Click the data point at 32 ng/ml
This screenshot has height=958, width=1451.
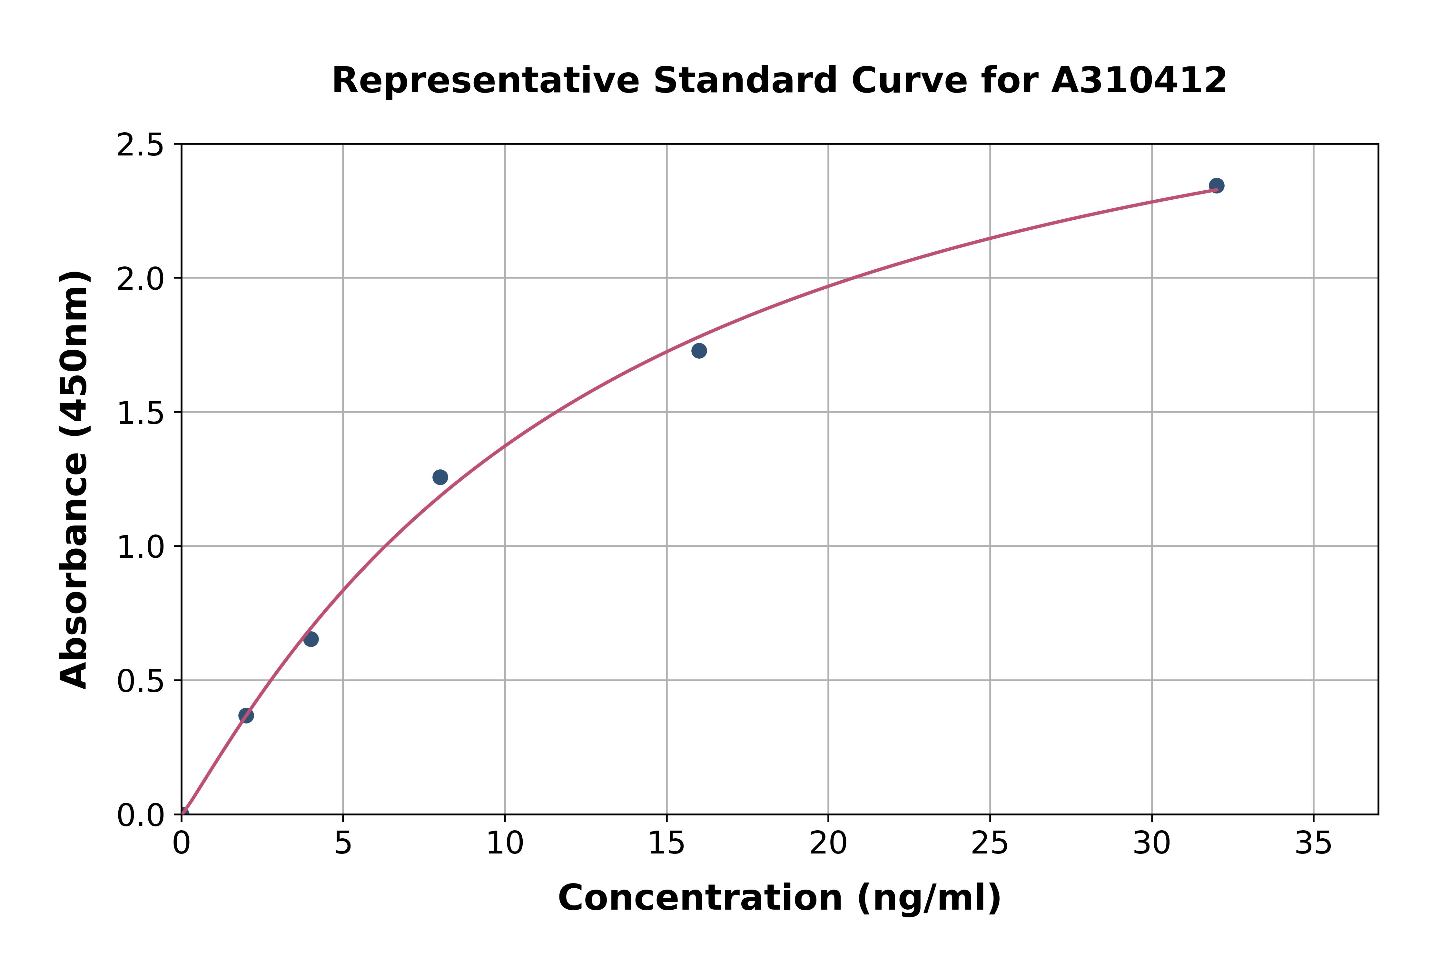[x=1217, y=186]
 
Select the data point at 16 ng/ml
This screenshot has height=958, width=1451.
[x=699, y=351]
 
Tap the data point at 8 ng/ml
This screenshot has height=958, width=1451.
[x=440, y=477]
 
